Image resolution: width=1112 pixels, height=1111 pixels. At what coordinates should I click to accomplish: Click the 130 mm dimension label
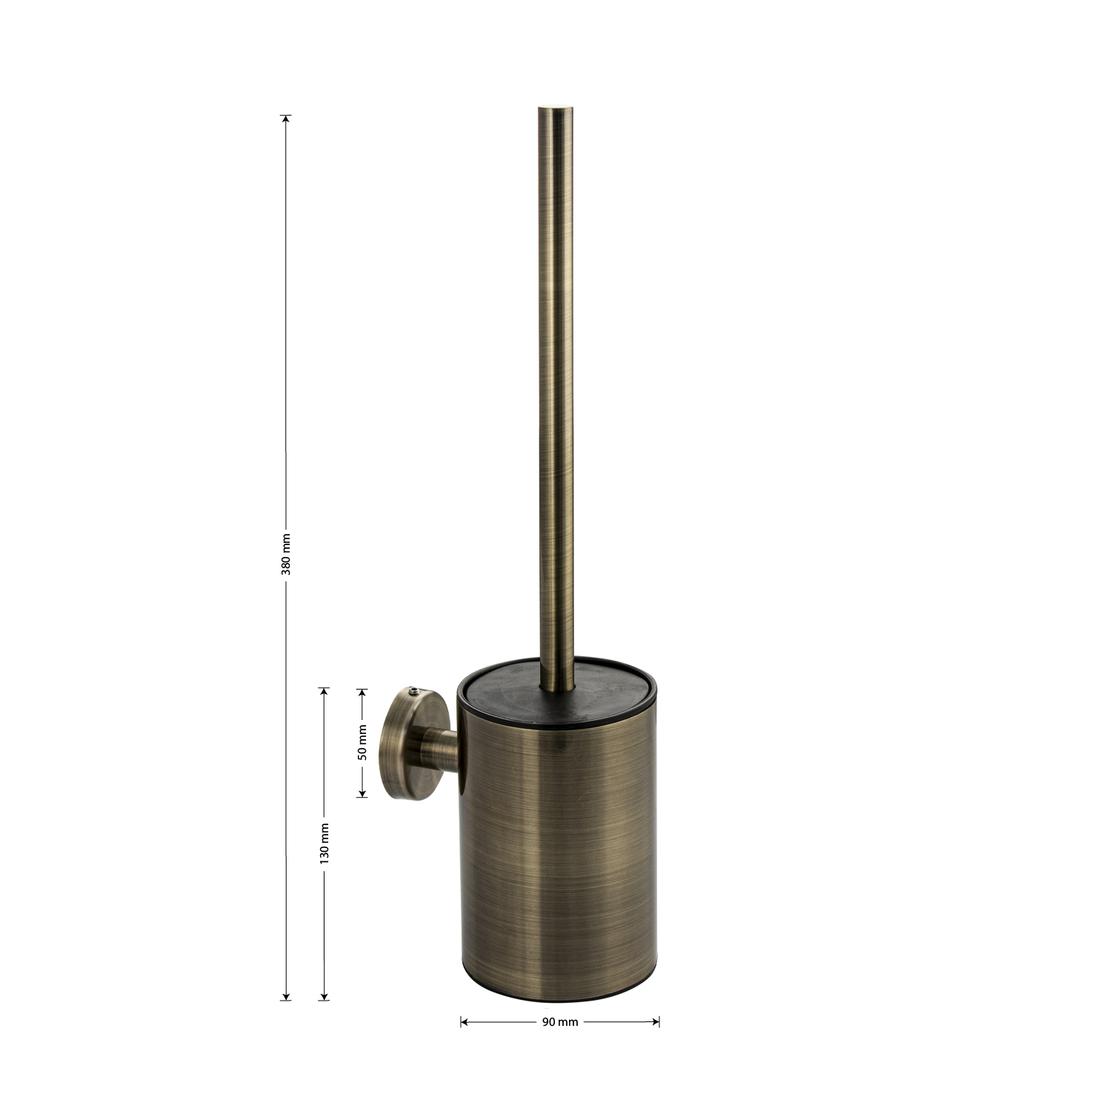click(324, 843)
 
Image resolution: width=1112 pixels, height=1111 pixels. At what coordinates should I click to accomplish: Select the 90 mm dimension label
click(560, 1022)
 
